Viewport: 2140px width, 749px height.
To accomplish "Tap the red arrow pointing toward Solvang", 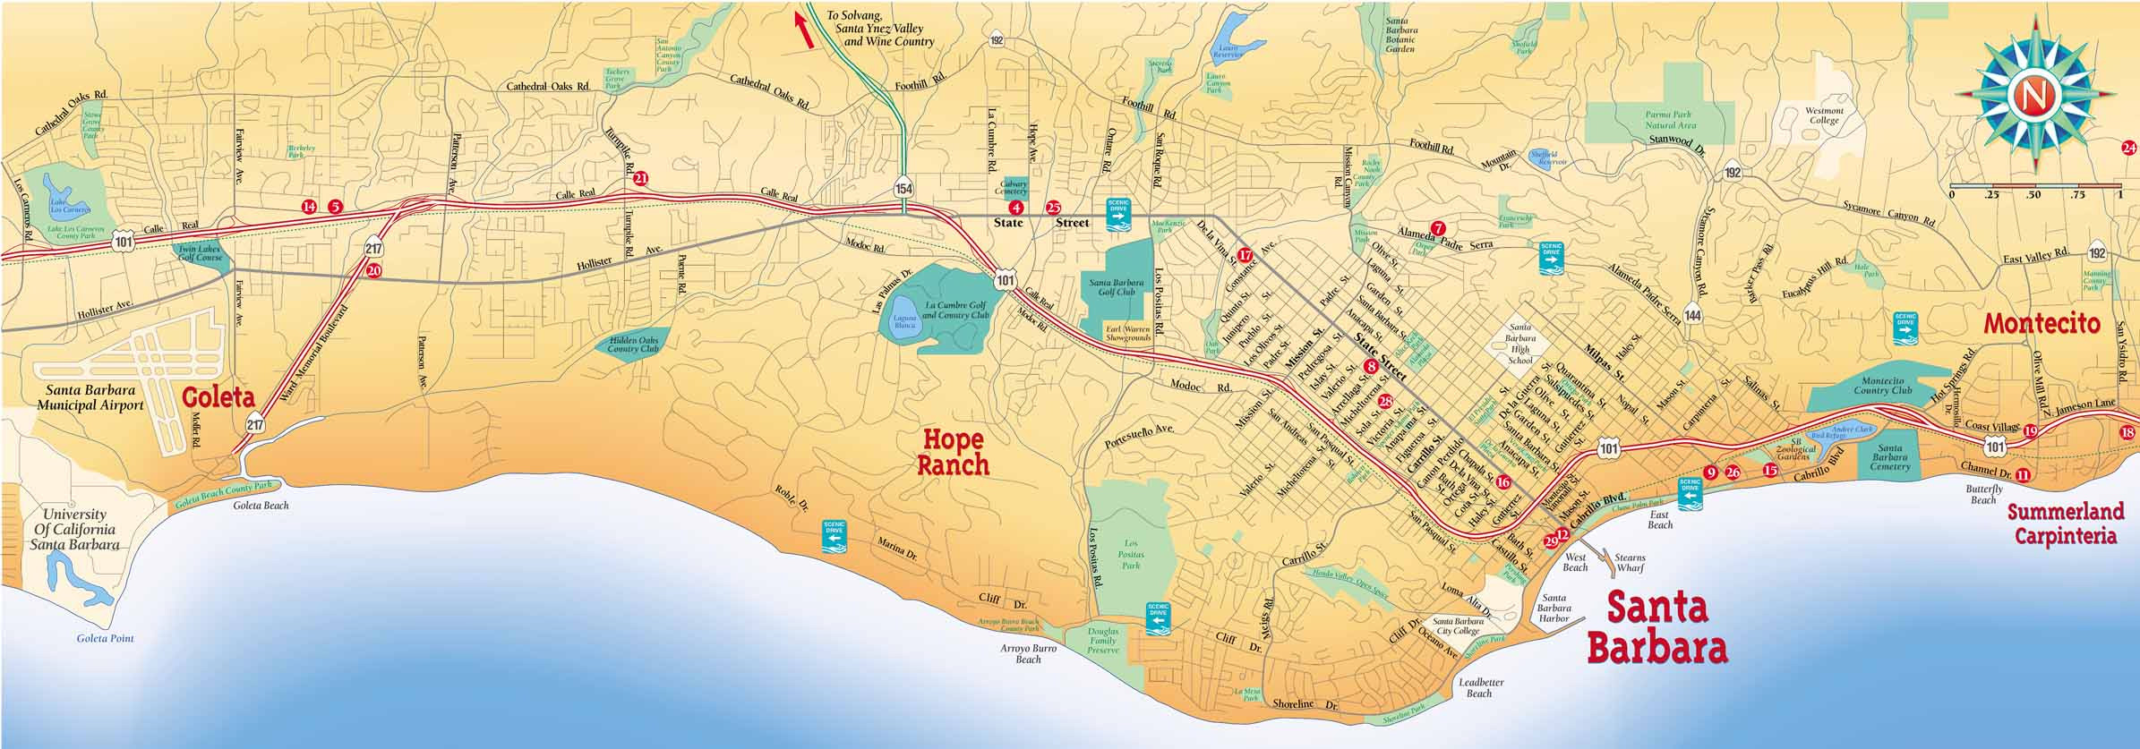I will [x=804, y=30].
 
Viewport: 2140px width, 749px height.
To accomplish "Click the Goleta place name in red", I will [x=219, y=397].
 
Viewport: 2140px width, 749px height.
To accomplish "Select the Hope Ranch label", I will [x=953, y=452].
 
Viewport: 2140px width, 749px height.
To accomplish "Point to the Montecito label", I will [x=2042, y=324].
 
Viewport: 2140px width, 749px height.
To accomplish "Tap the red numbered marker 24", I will [x=2129, y=149].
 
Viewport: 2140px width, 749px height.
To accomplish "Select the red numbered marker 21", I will [x=640, y=179].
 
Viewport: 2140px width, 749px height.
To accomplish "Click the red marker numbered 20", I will [x=373, y=270].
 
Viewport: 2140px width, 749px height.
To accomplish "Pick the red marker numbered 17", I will [x=1244, y=253].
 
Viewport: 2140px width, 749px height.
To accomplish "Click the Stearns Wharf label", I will [x=1630, y=563].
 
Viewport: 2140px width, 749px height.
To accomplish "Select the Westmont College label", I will [x=1823, y=115].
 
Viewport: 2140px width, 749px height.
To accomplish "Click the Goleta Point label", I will [x=105, y=639].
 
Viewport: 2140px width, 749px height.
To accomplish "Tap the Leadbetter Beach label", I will [x=1481, y=687].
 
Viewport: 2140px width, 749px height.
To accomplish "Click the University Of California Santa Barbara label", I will [x=81, y=530].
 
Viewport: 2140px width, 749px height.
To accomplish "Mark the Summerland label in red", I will [x=2065, y=512].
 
